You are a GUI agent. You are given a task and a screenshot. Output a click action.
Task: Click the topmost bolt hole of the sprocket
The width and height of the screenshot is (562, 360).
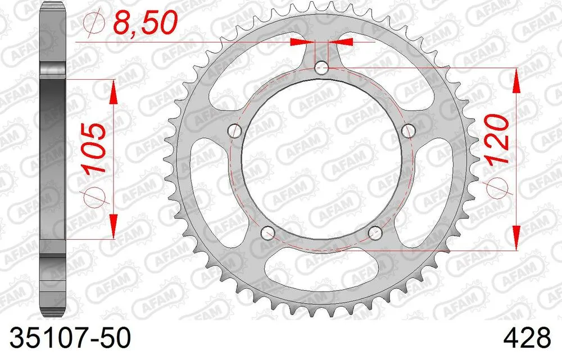[321, 69]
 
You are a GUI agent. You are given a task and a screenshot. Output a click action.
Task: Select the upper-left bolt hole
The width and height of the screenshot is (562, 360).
[234, 131]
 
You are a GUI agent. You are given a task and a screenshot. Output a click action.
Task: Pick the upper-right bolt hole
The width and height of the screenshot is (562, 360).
[409, 131]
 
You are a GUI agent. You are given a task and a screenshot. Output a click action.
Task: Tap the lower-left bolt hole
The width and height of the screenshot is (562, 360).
[268, 233]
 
